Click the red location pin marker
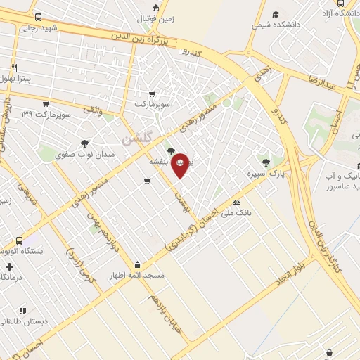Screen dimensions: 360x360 180,163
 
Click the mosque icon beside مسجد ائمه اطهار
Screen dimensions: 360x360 136,265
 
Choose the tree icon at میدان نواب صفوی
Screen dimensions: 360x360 85,143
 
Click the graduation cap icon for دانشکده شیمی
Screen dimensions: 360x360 276,14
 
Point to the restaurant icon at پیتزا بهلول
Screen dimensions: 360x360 12,68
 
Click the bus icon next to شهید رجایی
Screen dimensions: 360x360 37,18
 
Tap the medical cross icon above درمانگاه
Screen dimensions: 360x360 8,267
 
